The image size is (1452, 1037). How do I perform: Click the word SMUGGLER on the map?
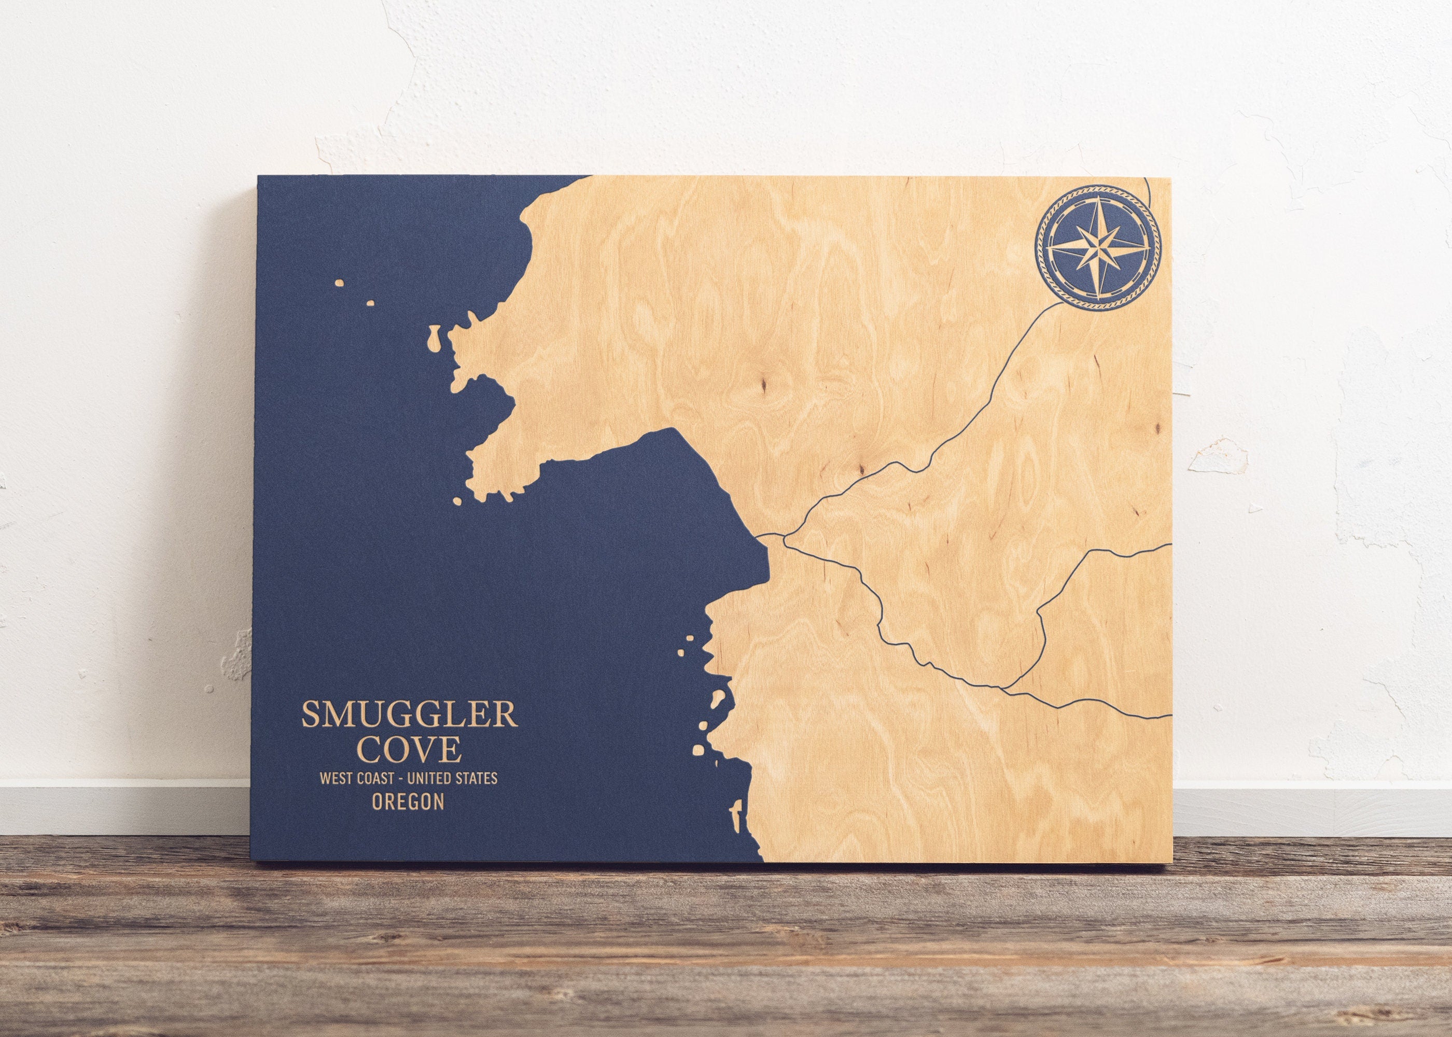[409, 714]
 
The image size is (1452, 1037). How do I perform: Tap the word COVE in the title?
[409, 749]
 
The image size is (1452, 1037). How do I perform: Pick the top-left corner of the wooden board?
[258, 177]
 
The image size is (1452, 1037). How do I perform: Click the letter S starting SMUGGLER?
[310, 714]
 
